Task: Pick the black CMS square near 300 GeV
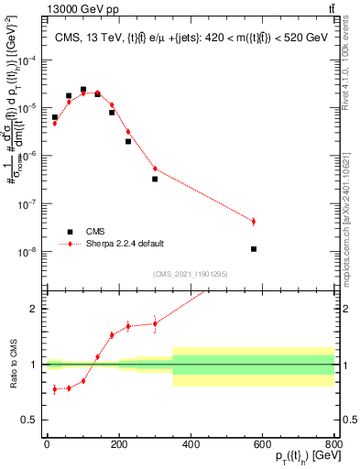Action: click(x=155, y=179)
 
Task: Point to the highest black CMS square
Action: click(x=83, y=90)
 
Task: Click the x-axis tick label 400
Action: click(x=191, y=443)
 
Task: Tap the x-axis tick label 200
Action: click(x=118, y=443)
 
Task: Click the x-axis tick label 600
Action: click(x=263, y=443)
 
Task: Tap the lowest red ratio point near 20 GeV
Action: click(x=54, y=389)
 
